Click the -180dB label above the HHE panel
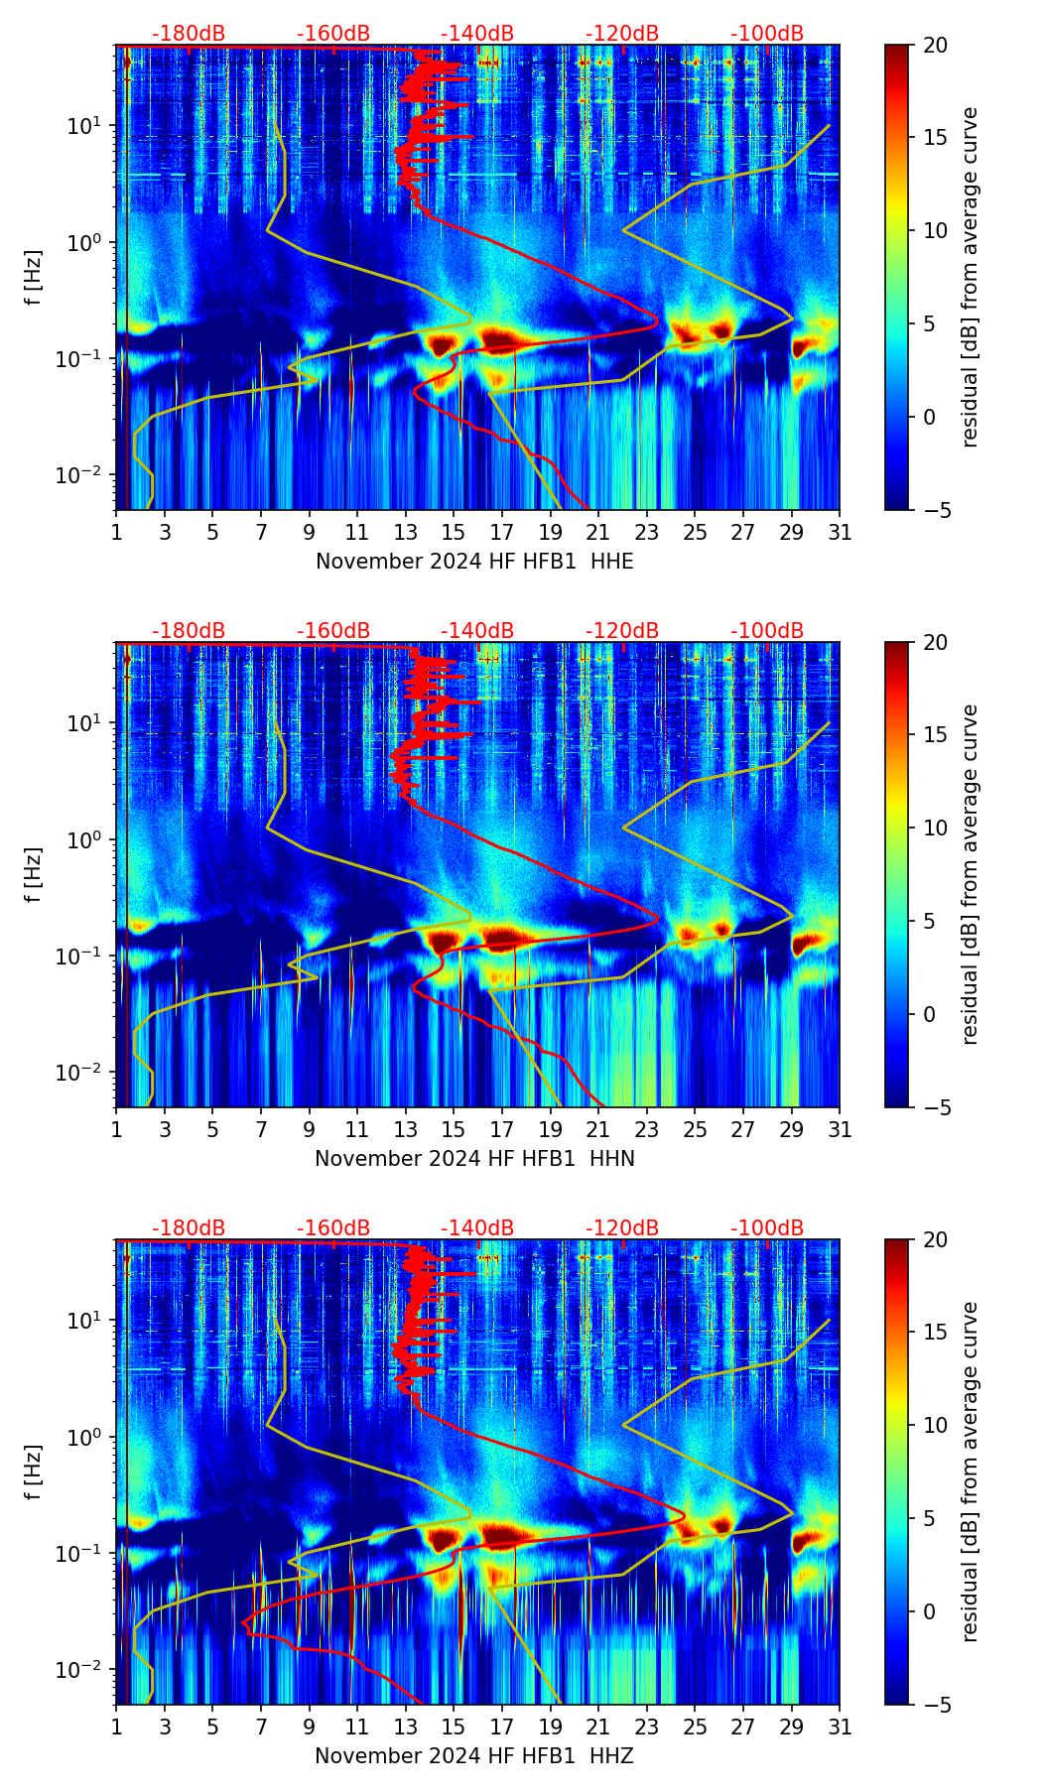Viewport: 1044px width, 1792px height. [x=189, y=34]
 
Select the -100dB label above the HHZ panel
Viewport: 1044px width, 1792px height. [x=767, y=1228]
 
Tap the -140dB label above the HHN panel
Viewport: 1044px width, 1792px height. [x=477, y=631]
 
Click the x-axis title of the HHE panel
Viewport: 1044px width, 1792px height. [x=474, y=562]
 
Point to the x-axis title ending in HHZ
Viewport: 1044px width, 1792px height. [x=474, y=1756]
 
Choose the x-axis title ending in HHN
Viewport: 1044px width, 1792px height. [x=474, y=1159]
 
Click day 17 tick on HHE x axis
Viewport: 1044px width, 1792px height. [x=502, y=533]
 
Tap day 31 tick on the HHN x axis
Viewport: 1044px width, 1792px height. [x=840, y=1130]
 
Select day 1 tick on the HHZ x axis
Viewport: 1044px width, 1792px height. [x=116, y=1728]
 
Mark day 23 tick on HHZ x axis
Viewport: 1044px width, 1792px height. [x=647, y=1728]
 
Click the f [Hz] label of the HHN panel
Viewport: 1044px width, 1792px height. [x=34, y=874]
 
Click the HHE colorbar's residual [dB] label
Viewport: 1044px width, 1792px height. [x=970, y=277]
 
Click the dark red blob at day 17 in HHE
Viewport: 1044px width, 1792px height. [x=502, y=341]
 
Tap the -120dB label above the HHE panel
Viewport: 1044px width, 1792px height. [x=622, y=34]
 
